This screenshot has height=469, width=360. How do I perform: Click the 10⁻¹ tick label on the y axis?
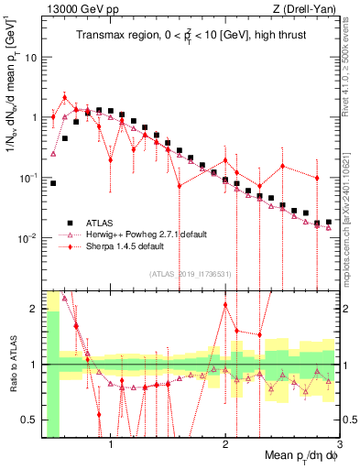[27, 178]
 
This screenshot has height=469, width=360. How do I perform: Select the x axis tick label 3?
[338, 445]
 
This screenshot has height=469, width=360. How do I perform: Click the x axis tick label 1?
[111, 445]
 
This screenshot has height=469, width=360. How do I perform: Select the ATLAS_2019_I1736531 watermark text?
[189, 273]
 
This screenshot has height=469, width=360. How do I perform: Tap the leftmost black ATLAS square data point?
[53, 183]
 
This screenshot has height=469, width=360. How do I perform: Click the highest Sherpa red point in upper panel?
[64, 96]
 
